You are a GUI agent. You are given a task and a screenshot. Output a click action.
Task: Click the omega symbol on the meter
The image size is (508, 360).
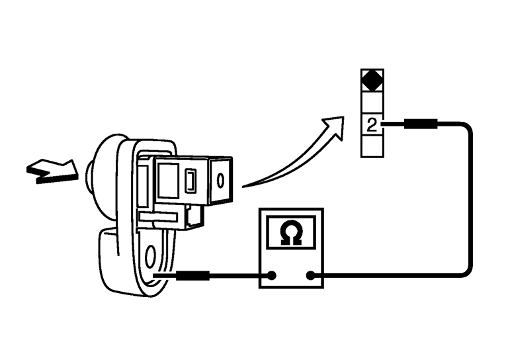[290, 234]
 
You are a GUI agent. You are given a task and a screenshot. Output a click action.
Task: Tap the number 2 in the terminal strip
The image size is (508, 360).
[372, 125]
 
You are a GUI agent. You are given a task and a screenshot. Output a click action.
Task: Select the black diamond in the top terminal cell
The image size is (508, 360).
[372, 81]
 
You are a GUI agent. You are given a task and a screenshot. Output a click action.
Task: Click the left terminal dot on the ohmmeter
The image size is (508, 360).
[272, 276]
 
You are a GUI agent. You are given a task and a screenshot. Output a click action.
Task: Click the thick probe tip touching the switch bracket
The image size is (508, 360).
[192, 275]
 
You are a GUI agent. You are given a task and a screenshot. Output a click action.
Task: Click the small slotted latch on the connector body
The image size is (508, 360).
[190, 180]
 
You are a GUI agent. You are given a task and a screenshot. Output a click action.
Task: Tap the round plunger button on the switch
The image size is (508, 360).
[91, 173]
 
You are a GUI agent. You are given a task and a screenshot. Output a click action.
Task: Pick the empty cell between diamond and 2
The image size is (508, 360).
[372, 103]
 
